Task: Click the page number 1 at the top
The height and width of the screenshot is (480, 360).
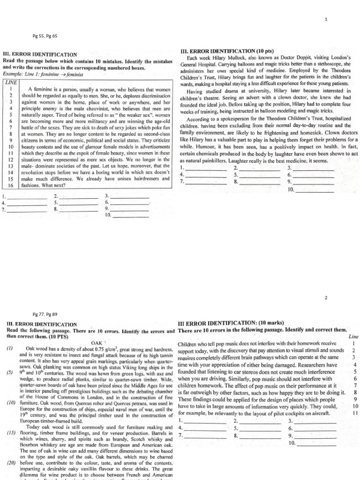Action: [x=325, y=18]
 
